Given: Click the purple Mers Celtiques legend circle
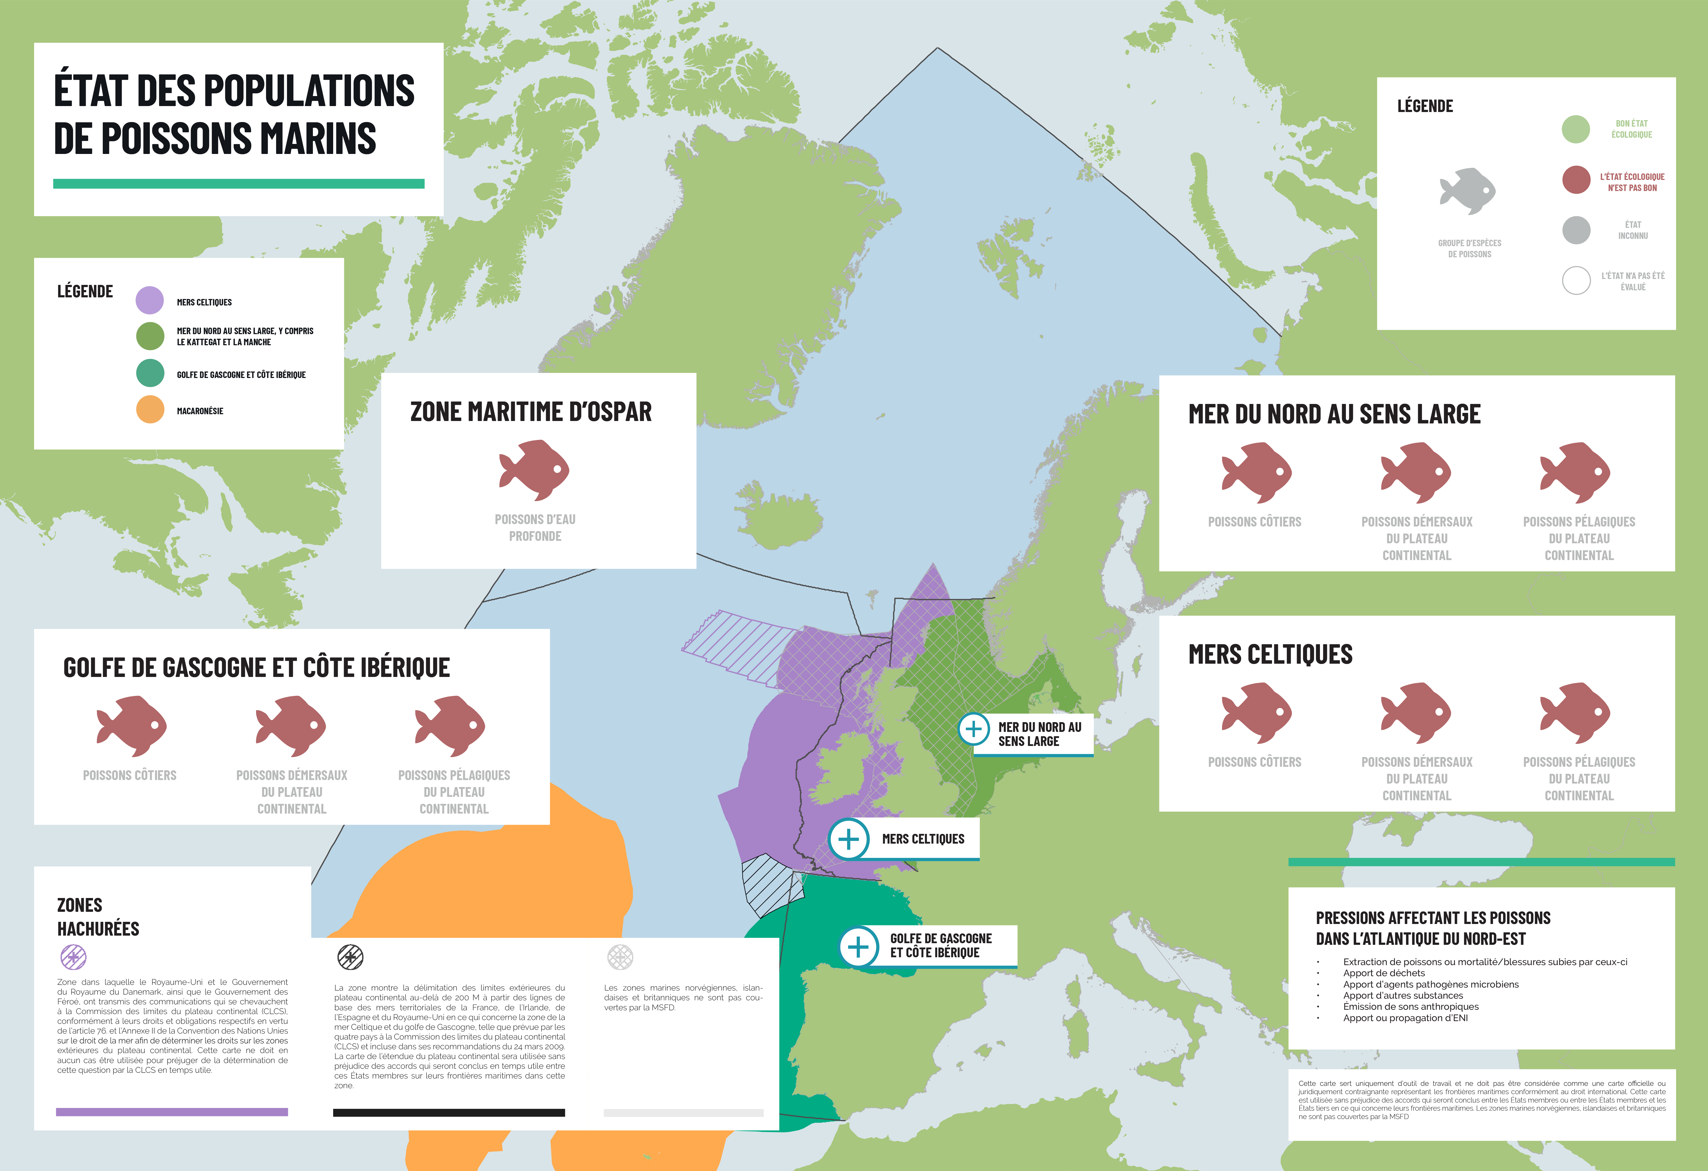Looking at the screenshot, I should pyautogui.click(x=150, y=301).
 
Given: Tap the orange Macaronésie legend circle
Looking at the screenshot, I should pyautogui.click(x=150, y=409).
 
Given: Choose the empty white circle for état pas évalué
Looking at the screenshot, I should pyautogui.click(x=1576, y=280).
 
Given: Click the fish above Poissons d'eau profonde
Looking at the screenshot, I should pyautogui.click(x=534, y=471).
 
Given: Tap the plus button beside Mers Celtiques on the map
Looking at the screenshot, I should pyautogui.click(x=849, y=839).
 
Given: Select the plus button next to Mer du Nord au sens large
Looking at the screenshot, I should pyautogui.click(x=974, y=729).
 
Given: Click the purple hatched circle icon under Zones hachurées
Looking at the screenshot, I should pyautogui.click(x=74, y=957).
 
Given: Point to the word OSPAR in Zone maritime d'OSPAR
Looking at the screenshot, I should pyautogui.click(x=610, y=412).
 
